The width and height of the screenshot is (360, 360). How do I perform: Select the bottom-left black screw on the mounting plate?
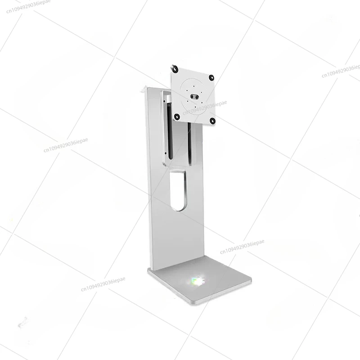click(177, 117)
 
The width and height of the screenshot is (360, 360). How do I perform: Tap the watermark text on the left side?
click(66, 145)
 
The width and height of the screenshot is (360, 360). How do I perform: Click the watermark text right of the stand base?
click(242, 246)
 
